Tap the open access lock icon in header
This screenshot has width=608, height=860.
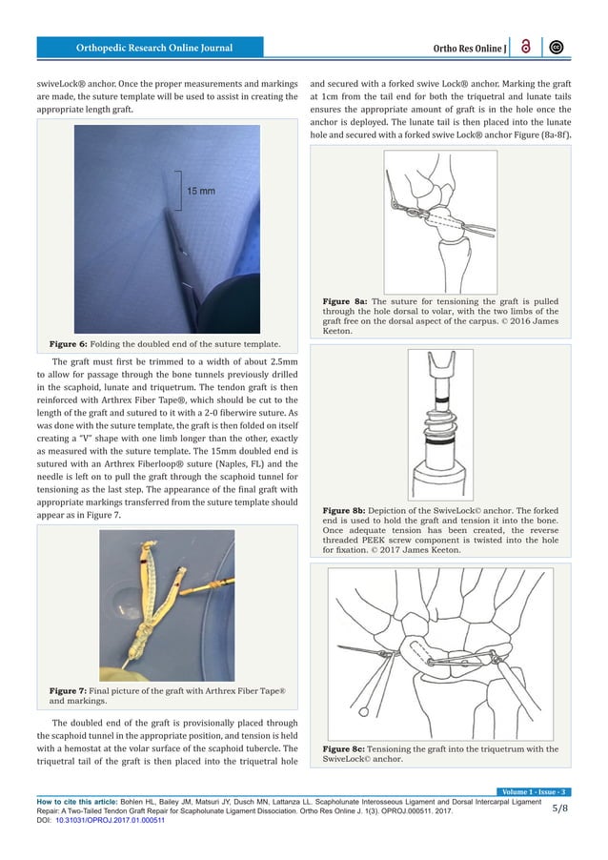[x=527, y=47]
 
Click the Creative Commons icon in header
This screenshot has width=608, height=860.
[x=556, y=47]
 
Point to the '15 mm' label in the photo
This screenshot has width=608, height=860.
[x=200, y=191]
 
